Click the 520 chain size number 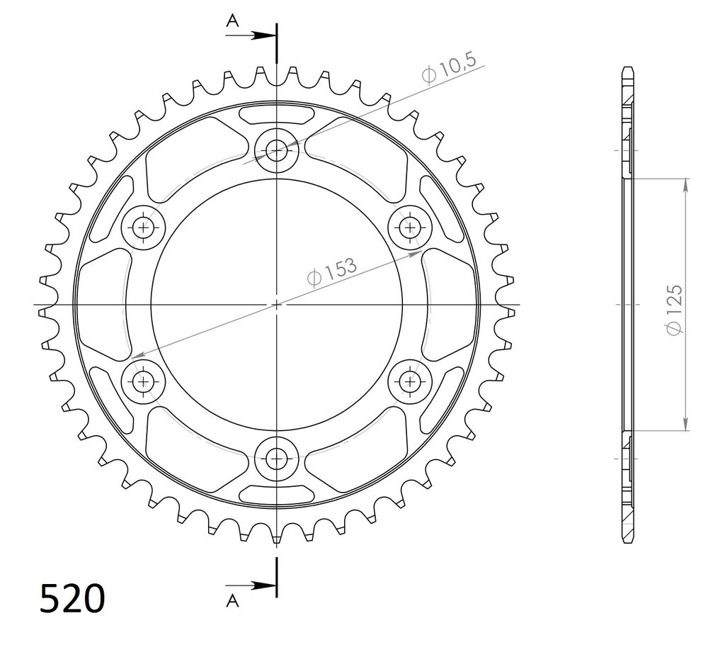[72, 599]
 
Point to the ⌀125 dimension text [673, 310]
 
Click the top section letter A [232, 21]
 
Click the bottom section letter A [232, 601]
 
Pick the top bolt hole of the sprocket [277, 150]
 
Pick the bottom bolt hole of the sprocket [277, 459]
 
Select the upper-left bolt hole [143, 228]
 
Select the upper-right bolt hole [410, 228]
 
